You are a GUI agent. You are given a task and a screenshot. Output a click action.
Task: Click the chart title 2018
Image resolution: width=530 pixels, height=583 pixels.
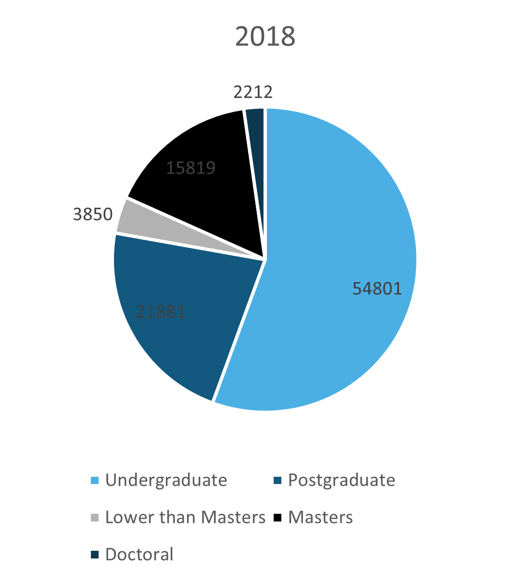tap(265, 37)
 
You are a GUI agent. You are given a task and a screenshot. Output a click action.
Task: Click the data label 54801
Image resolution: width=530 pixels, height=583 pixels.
tap(377, 288)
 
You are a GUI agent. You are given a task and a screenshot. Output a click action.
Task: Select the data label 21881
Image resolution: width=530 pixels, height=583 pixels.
tap(161, 312)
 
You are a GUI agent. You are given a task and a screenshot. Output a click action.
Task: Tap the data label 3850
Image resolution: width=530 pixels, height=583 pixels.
tap(93, 214)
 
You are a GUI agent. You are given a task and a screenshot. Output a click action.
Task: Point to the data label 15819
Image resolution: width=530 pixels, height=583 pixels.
tap(190, 168)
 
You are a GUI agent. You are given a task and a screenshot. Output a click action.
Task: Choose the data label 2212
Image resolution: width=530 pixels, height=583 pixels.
tap(253, 92)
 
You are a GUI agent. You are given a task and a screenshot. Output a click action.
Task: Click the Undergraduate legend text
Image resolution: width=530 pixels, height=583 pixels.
tap(166, 480)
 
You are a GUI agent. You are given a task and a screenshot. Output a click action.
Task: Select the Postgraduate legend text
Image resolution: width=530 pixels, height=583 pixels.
tap(341, 480)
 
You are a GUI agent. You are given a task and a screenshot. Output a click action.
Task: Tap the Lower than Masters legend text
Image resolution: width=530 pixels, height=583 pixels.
tap(185, 517)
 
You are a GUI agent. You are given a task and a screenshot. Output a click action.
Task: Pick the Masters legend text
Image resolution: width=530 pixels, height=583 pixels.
tap(320, 517)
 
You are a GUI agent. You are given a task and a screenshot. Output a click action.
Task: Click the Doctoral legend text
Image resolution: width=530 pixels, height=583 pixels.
tap(139, 554)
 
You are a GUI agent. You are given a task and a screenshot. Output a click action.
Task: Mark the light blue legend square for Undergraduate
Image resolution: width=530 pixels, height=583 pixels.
tap(95, 481)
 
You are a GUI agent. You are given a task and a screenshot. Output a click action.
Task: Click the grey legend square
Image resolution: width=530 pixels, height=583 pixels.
tap(95, 518)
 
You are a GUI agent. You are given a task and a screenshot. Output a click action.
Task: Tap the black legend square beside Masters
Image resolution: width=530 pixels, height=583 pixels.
tap(278, 518)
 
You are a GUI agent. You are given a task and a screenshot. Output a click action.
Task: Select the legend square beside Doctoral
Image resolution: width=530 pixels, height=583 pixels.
tap(95, 555)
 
